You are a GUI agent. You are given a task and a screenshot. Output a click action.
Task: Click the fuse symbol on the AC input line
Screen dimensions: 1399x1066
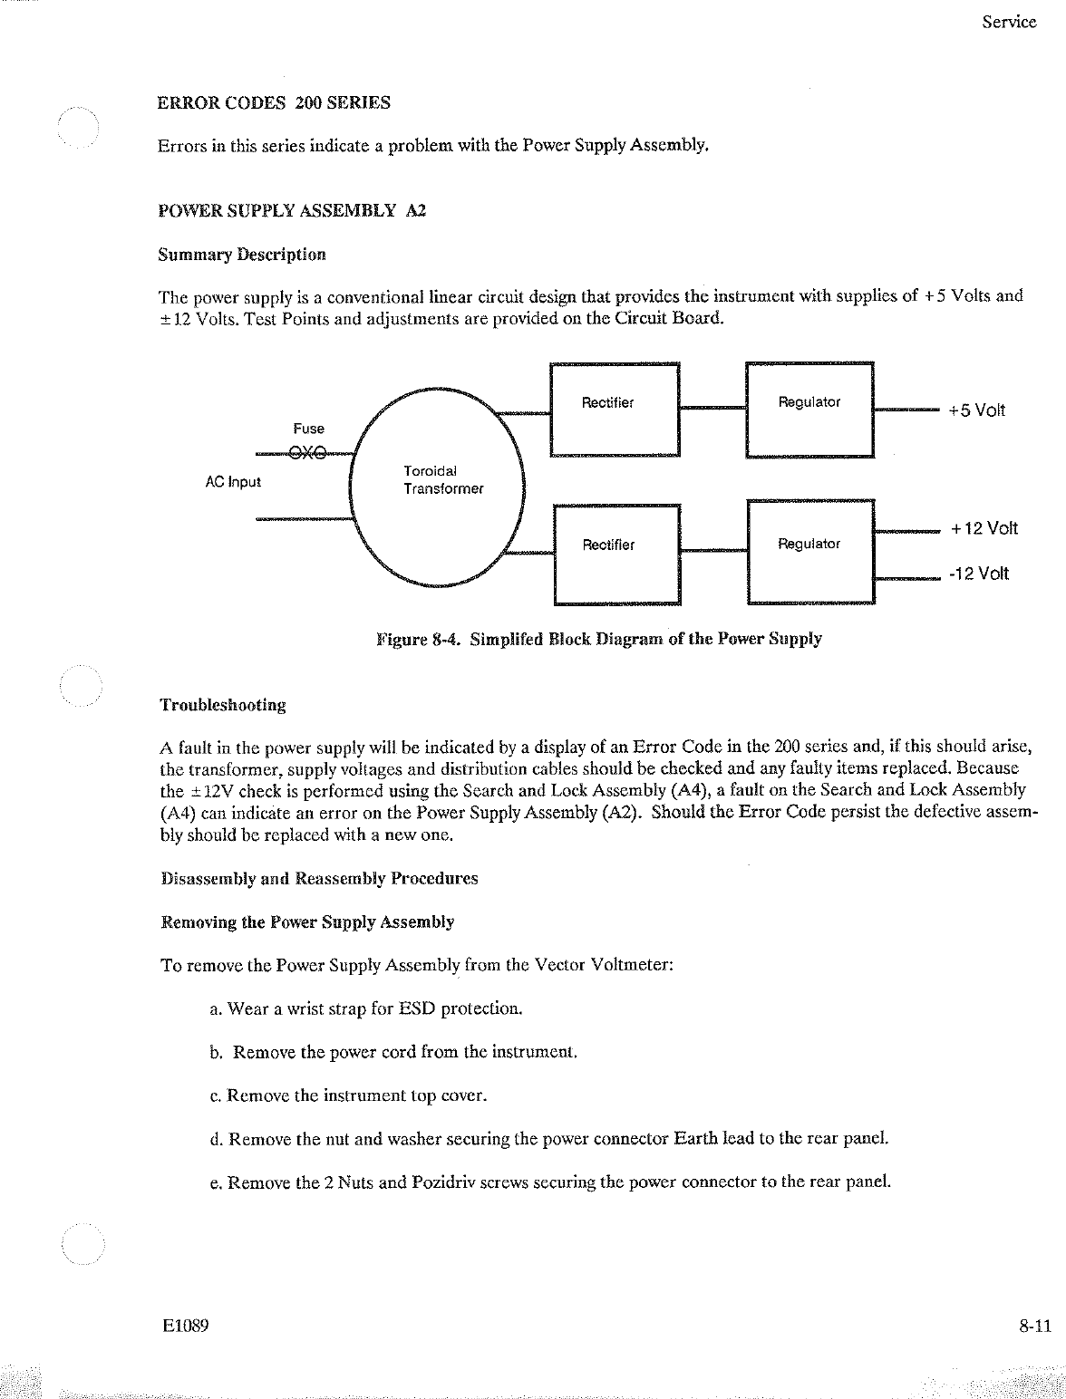click(308, 454)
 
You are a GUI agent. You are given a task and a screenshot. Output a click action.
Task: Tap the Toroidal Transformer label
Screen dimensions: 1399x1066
click(442, 480)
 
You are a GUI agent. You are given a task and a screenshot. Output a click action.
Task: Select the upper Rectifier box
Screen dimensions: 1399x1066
click(615, 410)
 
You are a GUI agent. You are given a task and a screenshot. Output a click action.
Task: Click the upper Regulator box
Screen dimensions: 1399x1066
click(809, 410)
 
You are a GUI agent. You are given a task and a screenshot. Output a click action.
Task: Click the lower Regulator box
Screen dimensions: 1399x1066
click(810, 550)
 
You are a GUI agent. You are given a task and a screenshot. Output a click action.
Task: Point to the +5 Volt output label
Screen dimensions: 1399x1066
click(976, 410)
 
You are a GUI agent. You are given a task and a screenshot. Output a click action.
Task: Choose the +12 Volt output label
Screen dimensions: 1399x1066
click(984, 528)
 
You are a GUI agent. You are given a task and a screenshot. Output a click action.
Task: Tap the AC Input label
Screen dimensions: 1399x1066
click(233, 482)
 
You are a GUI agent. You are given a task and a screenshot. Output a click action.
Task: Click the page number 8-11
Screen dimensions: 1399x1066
click(1033, 1327)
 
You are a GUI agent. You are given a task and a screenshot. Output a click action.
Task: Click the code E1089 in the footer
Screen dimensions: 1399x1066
click(187, 1327)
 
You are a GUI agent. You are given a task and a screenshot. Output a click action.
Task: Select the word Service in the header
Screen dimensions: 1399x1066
click(1009, 23)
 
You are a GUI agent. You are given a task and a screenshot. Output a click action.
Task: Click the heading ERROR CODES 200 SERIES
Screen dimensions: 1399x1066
click(275, 102)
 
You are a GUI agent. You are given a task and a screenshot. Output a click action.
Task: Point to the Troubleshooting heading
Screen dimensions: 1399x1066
click(223, 705)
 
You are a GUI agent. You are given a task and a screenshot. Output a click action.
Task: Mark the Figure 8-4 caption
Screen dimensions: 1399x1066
click(599, 639)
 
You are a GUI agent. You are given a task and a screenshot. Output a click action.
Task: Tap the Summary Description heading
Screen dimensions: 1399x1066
click(242, 255)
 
